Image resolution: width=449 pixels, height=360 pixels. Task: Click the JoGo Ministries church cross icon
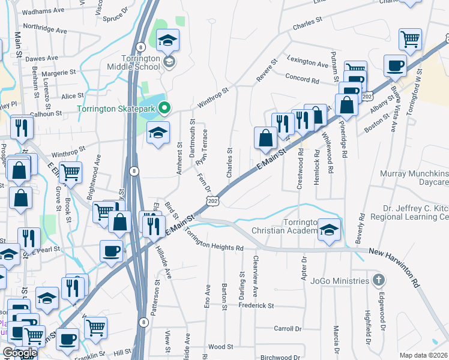(x=378, y=280)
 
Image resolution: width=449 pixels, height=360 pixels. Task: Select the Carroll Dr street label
(x=288, y=329)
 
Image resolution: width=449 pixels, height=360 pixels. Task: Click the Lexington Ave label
(x=308, y=61)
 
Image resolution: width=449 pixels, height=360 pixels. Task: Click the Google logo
(x=20, y=353)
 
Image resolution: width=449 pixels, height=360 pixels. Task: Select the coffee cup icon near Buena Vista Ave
(x=396, y=65)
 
